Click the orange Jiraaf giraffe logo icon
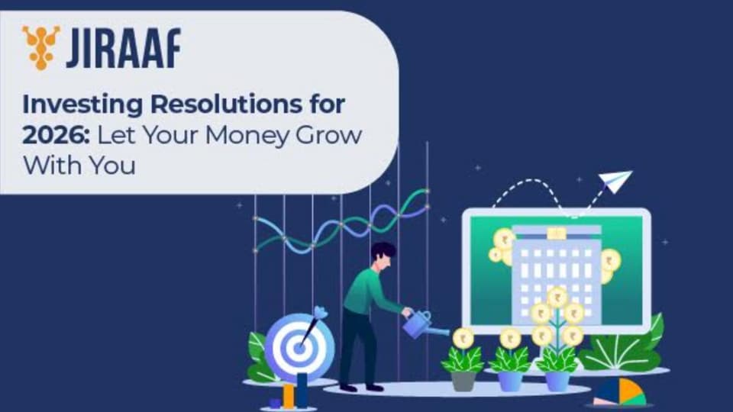(41, 47)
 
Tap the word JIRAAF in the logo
(124, 47)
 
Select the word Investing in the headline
(82, 105)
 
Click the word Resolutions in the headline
(226, 104)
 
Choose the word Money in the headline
(247, 137)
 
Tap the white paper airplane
(615, 182)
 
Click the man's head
(383, 256)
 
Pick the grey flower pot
(463, 381)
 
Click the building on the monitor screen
(557, 275)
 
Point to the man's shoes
(361, 388)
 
